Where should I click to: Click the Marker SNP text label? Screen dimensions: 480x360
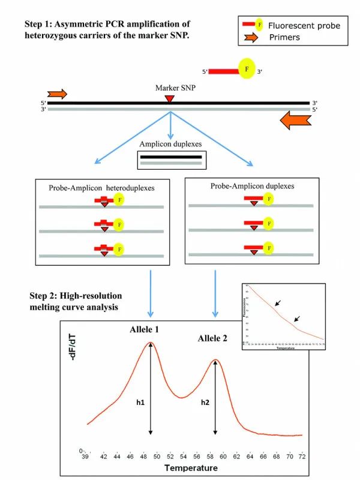170,88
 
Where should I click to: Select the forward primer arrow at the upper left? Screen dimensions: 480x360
58,94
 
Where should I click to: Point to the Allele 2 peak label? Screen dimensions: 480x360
213,338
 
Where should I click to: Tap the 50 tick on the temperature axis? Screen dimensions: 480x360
157,457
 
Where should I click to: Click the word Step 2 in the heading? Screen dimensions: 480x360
41,295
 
